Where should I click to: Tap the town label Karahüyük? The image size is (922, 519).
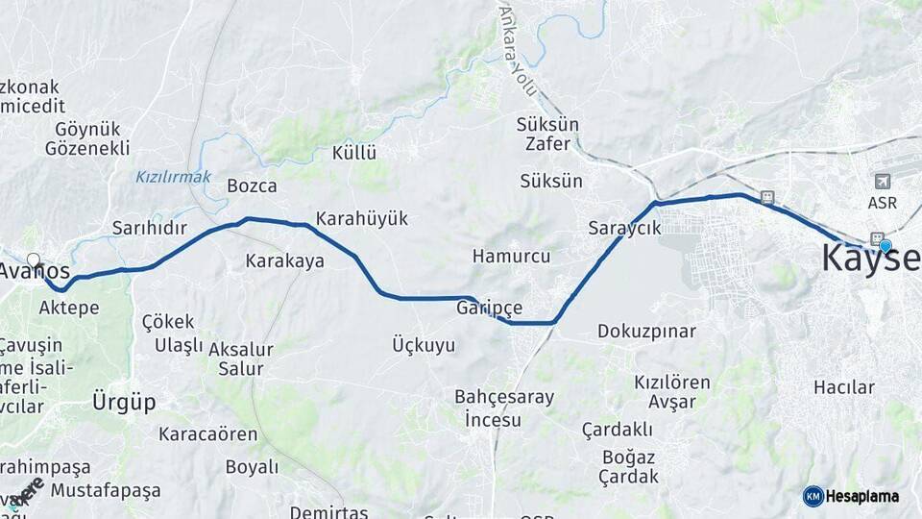point(362,219)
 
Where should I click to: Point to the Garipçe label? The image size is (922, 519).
point(490,308)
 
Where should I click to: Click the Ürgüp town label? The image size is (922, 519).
point(124,402)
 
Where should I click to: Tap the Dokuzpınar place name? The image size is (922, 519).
point(646,332)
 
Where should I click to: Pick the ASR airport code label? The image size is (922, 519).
point(883,203)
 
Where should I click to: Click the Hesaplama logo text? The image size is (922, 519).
point(862,496)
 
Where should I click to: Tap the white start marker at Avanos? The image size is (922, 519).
point(35,260)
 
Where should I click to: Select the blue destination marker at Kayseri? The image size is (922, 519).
point(886,246)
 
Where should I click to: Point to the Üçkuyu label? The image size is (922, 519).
point(424,345)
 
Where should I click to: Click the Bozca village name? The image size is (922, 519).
point(252,186)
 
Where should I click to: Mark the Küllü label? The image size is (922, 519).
point(354,153)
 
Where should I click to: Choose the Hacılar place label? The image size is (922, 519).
point(844,387)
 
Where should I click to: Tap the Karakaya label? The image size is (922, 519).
point(284,260)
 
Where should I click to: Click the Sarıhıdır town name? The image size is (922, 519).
point(149,229)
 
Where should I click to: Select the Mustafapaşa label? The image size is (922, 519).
point(106,491)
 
